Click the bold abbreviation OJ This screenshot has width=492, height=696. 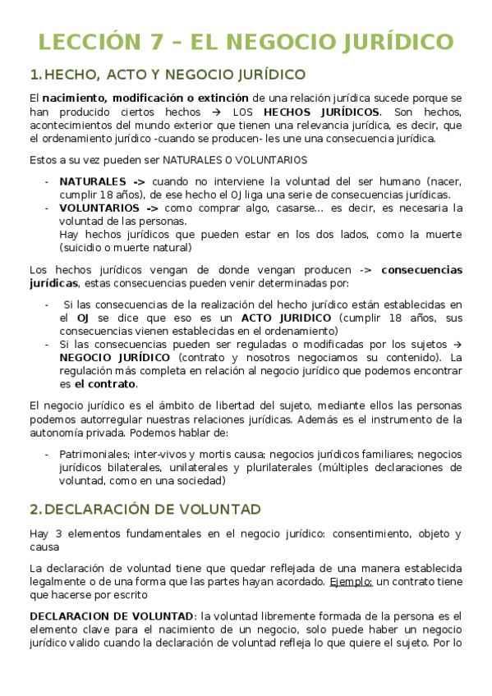click(x=82, y=318)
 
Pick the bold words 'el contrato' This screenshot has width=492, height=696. click(x=106, y=384)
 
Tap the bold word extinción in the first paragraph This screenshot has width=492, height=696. click(x=228, y=98)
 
